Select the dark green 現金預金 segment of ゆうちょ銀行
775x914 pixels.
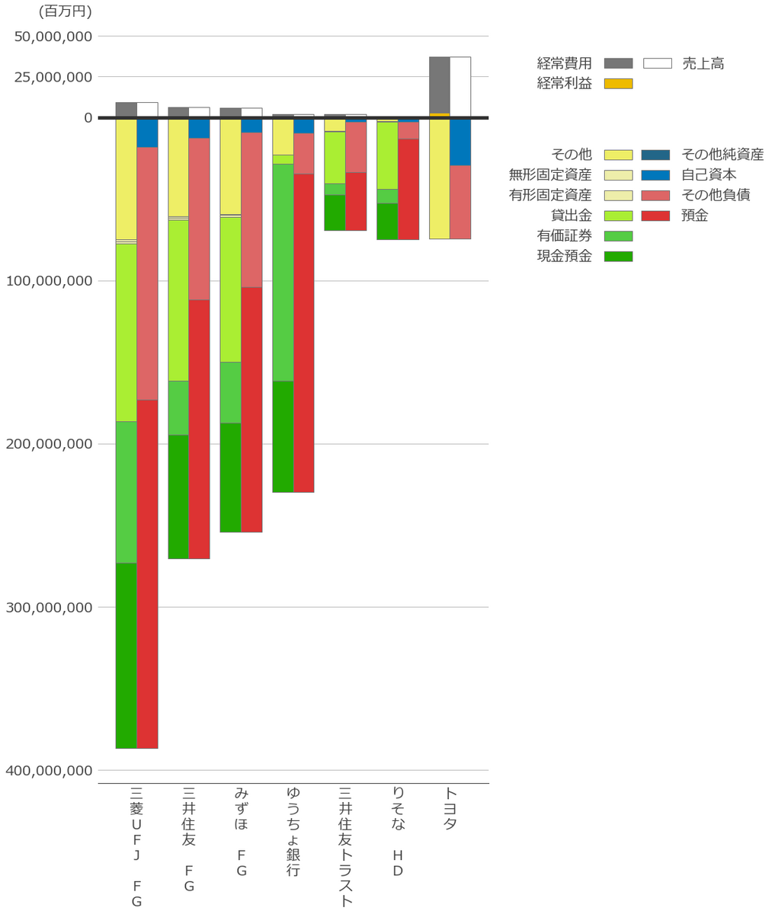click(x=283, y=436)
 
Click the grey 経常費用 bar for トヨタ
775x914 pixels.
click(x=439, y=85)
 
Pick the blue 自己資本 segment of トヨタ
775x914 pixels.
click(x=460, y=142)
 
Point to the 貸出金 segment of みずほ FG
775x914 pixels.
click(x=230, y=289)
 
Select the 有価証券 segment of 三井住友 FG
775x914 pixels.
click(x=178, y=407)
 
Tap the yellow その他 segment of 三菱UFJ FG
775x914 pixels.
click(x=126, y=178)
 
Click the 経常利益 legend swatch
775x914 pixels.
click(x=618, y=84)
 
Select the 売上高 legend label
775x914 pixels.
click(x=703, y=64)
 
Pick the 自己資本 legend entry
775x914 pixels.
click(x=709, y=175)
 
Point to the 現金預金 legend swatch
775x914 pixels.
click(x=618, y=257)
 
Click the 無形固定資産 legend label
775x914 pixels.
click(x=550, y=175)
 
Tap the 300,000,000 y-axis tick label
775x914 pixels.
click(x=50, y=608)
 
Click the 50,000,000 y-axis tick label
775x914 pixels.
click(x=53, y=37)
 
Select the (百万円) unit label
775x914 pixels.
click(x=65, y=11)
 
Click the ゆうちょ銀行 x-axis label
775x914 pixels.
click(x=293, y=831)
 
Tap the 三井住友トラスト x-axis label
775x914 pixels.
click(x=345, y=846)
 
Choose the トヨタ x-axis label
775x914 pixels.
click(x=450, y=808)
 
